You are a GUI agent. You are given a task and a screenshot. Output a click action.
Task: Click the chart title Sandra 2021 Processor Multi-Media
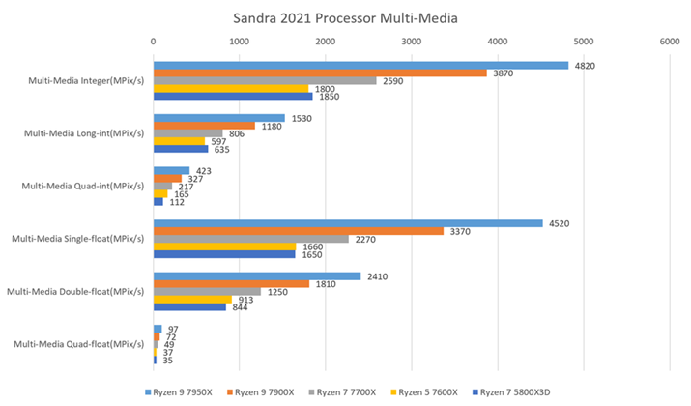coord(344,17)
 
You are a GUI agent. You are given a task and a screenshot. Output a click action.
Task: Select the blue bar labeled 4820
coord(360,66)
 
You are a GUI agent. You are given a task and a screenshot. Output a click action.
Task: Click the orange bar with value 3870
coord(319,72)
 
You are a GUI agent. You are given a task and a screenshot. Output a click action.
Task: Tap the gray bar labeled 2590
coord(264,80)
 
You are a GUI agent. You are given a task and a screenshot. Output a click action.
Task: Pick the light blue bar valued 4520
coord(347,223)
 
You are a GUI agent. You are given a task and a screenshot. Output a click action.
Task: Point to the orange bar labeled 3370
coord(298,231)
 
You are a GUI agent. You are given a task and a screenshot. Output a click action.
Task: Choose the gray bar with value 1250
coord(207,291)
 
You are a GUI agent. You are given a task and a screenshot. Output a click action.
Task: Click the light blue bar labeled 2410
coord(256,276)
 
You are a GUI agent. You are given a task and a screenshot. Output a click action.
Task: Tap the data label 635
coord(221,149)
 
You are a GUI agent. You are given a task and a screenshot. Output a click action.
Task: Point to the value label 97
coord(173,330)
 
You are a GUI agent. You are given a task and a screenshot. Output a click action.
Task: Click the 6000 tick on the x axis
coord(669,42)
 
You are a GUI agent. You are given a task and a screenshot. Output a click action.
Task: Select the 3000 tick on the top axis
coord(411,42)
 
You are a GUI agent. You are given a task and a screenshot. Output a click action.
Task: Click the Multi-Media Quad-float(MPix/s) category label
coord(83,343)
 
